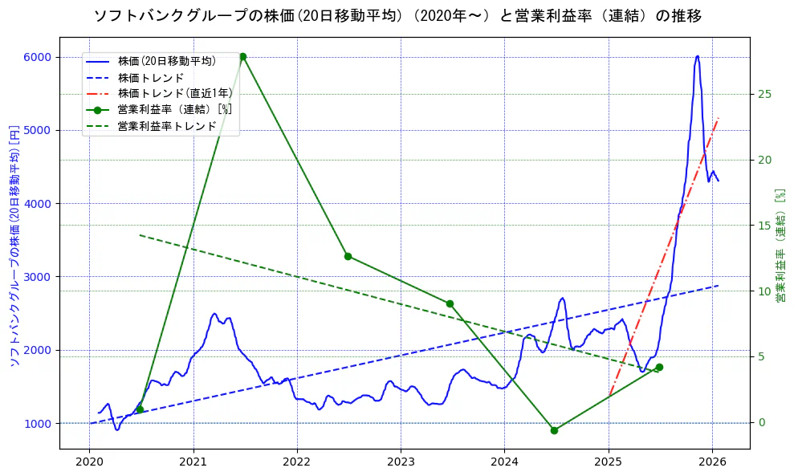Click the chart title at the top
(397, 16)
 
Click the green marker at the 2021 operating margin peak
(242, 57)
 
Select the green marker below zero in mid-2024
(554, 430)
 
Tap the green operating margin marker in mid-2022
(348, 256)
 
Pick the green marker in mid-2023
(450, 303)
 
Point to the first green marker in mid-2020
(140, 409)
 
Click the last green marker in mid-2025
(659, 367)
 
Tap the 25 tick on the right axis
(764, 94)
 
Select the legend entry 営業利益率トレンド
(167, 126)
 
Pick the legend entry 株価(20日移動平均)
(167, 61)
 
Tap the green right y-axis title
(780, 246)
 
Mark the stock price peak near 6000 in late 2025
(697, 56)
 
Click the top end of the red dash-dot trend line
(719, 118)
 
